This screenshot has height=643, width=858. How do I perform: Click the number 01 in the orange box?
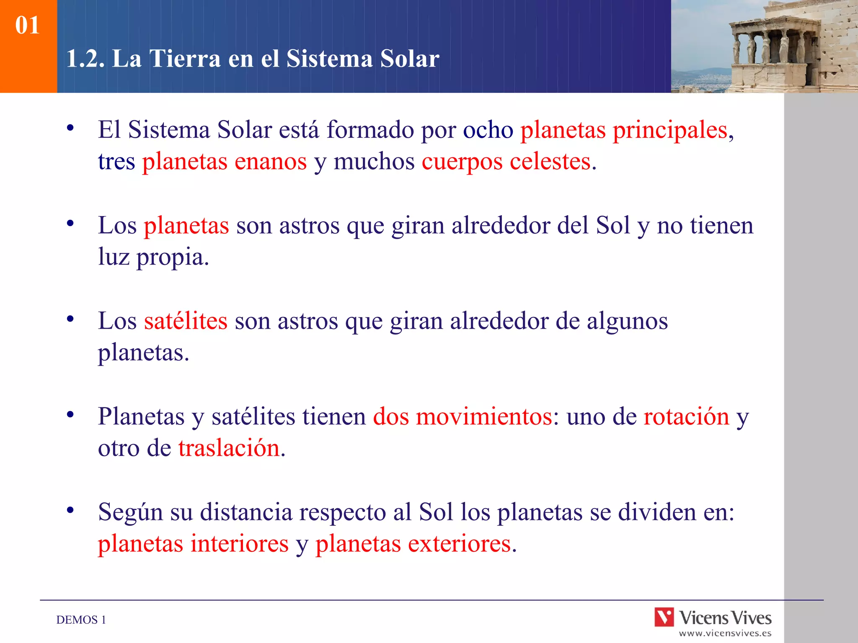point(27,25)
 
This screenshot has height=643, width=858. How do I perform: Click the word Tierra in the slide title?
point(185,59)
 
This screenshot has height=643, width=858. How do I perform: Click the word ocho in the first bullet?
point(488,130)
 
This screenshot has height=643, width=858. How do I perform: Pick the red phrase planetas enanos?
point(224,162)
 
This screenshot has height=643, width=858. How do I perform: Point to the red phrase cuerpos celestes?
point(506,162)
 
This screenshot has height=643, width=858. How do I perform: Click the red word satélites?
point(186,321)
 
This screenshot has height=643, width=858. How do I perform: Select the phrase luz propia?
point(153,257)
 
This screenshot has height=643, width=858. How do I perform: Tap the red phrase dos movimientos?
point(463,417)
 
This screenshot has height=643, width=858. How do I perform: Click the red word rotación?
point(686,417)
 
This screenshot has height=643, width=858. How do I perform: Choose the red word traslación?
point(229,448)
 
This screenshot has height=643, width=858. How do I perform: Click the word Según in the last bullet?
point(130,512)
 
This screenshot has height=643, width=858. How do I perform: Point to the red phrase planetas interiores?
point(193,544)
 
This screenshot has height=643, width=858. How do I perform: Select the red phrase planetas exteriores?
point(413,544)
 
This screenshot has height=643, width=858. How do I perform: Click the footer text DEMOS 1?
point(81,620)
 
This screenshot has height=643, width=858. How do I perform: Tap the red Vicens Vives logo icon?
point(664,617)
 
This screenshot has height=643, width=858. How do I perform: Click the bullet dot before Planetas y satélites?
point(70,415)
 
